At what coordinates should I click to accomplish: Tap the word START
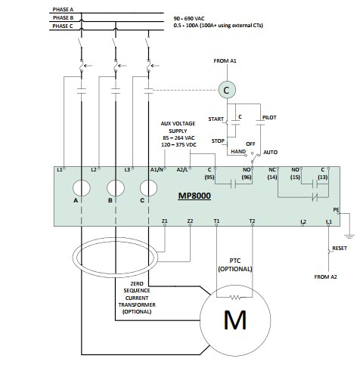tap(216, 119)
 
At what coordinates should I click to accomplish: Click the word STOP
tap(218, 141)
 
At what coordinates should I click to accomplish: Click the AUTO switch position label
tap(271, 152)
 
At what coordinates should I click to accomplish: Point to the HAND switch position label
tap(237, 151)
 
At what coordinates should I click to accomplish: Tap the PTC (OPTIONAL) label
tap(235, 264)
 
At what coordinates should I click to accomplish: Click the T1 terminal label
tap(216, 221)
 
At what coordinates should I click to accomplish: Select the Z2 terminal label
tap(190, 221)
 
